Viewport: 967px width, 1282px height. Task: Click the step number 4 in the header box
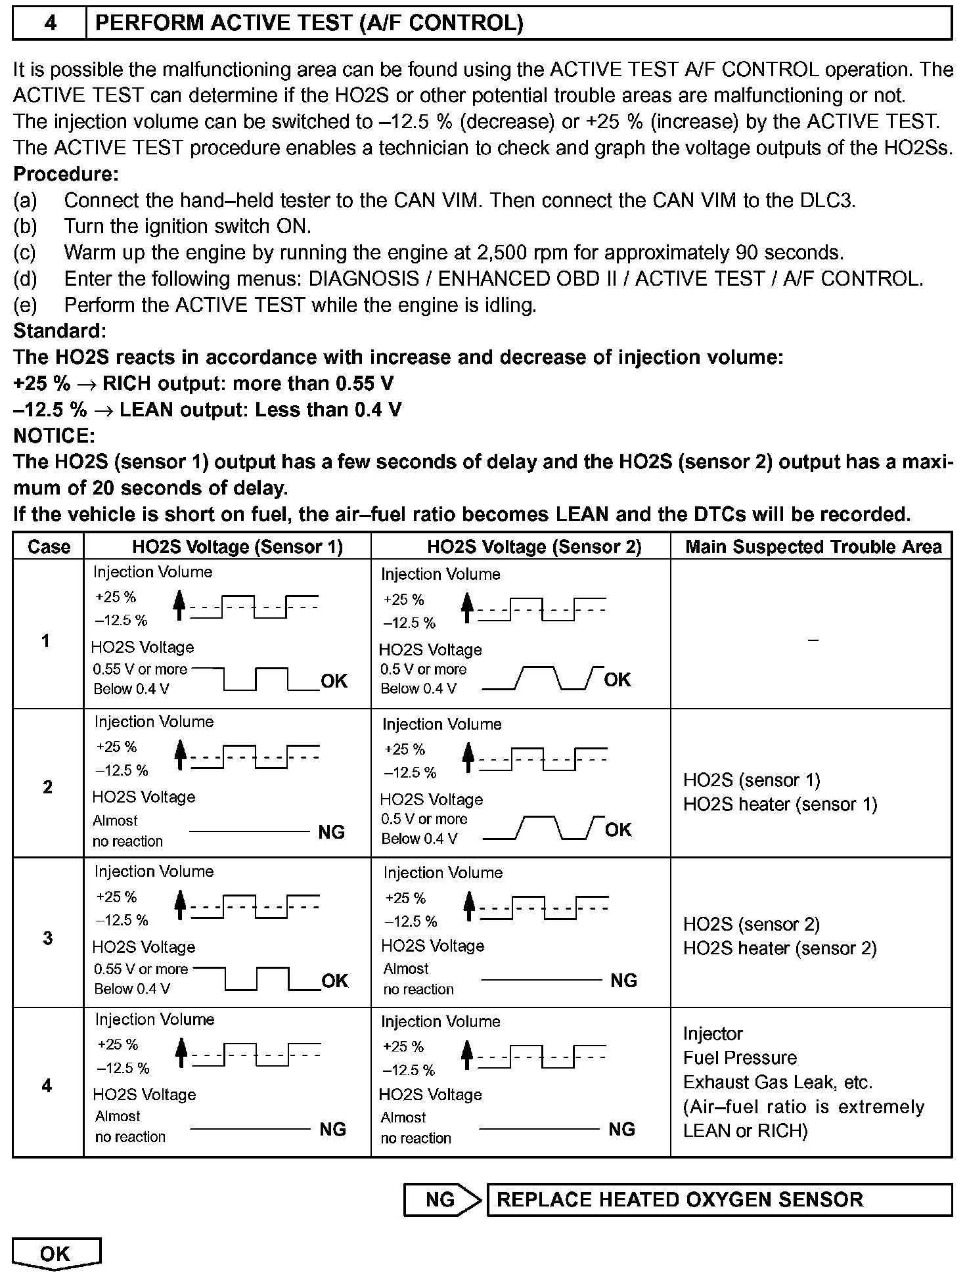50,24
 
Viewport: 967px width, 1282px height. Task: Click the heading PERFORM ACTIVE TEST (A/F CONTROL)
309,24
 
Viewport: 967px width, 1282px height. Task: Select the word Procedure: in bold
66,174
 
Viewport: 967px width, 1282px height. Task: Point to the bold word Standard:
60,330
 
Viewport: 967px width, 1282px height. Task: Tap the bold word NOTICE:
55,435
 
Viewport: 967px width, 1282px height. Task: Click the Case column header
49,546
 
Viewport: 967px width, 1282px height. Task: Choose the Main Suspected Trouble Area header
813,546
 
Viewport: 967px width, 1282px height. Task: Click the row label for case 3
47,938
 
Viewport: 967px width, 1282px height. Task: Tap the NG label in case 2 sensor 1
332,832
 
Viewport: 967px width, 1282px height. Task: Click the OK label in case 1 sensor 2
618,680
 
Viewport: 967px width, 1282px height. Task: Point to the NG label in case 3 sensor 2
623,981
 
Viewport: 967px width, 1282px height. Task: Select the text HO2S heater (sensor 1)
780,805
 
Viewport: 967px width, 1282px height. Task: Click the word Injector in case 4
713,1034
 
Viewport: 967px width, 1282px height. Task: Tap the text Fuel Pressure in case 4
740,1058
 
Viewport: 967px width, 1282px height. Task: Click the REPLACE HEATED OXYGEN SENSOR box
719,1199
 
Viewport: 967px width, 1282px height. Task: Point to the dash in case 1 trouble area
813,640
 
